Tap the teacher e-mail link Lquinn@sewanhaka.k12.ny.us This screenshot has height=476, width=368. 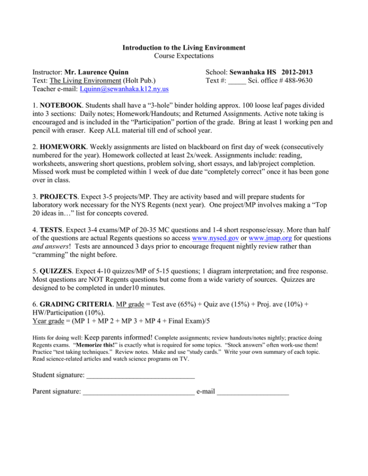tap(124, 89)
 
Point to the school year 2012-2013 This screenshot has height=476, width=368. tap(297, 72)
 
